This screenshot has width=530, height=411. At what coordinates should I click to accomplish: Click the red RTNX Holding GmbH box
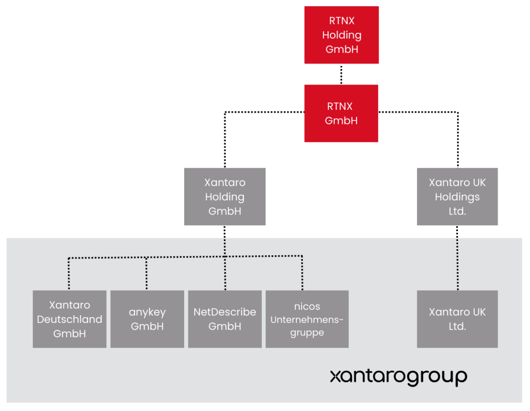click(341, 35)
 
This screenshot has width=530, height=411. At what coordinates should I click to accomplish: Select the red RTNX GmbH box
click(341, 113)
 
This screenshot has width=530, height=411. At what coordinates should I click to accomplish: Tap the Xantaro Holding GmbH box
click(225, 196)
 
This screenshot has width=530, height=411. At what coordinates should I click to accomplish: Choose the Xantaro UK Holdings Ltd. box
click(457, 196)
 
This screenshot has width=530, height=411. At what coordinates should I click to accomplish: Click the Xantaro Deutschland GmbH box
click(69, 319)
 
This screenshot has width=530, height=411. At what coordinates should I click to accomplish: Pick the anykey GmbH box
click(147, 319)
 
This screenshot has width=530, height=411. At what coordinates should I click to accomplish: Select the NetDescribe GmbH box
click(225, 319)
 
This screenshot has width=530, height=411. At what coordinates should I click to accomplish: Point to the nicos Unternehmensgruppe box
click(307, 319)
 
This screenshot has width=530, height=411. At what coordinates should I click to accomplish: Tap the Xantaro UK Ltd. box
click(457, 319)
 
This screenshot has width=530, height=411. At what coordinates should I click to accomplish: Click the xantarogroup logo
click(398, 377)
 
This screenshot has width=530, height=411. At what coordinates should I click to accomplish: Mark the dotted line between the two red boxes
click(341, 74)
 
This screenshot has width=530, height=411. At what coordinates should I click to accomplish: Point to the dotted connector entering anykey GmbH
click(147, 274)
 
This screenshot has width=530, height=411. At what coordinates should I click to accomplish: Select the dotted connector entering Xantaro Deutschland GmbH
click(69, 274)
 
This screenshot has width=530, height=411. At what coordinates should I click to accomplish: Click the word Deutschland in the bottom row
click(69, 319)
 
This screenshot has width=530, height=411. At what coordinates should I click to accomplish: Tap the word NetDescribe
click(225, 312)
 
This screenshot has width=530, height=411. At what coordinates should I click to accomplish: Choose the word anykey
click(147, 312)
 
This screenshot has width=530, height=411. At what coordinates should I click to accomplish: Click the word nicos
click(307, 307)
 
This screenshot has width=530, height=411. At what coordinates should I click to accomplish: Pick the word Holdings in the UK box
click(457, 197)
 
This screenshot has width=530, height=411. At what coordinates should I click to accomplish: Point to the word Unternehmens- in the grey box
click(307, 319)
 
